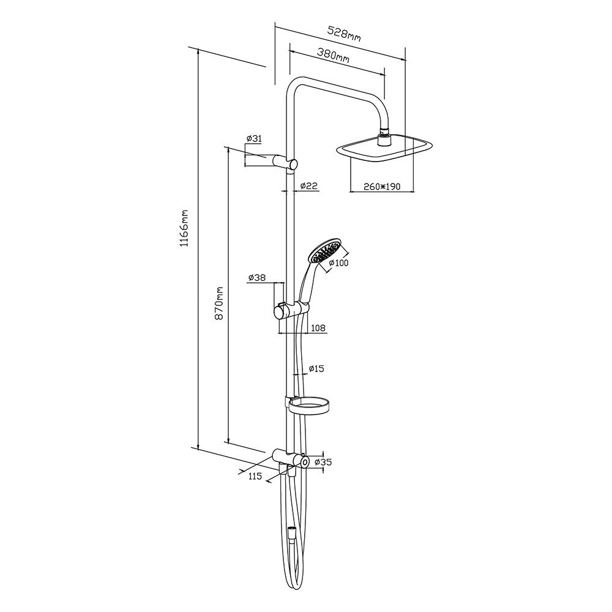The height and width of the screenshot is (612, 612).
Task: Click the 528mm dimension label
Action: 344,34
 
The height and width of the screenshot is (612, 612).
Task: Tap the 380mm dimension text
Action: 333,54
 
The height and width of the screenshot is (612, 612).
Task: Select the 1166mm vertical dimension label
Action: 184,228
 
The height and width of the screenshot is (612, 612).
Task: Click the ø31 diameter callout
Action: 254,138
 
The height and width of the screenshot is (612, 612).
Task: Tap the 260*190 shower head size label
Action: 382,187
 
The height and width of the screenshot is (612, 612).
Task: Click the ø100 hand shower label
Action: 338,263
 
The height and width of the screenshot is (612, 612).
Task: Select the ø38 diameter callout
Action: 257,277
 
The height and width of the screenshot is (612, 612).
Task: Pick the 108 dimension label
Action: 318,328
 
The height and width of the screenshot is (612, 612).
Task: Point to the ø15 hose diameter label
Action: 316,368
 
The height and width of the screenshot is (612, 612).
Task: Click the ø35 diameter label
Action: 323,462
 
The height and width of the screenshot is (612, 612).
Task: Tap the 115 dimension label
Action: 255,477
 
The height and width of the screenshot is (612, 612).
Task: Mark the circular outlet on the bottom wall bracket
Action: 304,461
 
